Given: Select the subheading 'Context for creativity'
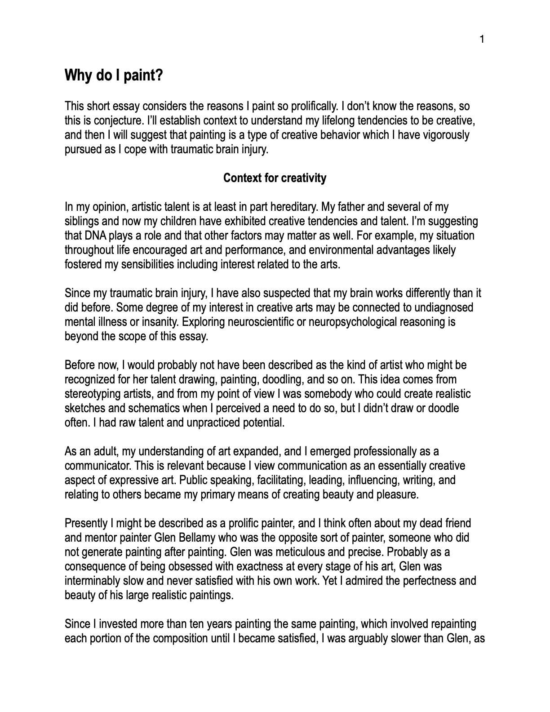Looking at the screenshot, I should coord(275,178).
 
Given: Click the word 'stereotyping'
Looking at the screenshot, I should coord(92,394).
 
